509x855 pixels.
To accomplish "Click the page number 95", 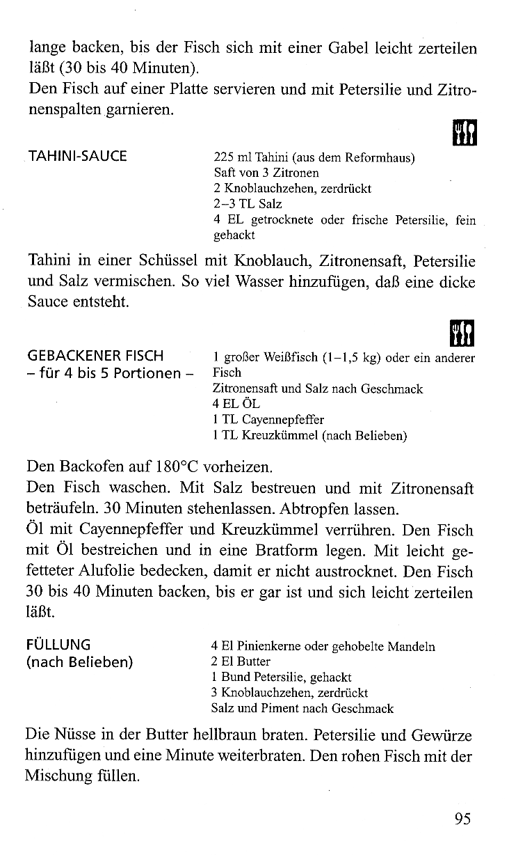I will pos(463,819).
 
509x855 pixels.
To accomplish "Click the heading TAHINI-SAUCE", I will pos(77,156).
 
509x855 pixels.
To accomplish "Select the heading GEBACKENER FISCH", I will pos(95,358).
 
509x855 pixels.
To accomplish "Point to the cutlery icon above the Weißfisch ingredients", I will pos(464,335).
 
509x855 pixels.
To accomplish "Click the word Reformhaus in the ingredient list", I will pos(380,158).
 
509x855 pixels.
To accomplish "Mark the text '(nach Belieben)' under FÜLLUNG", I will pos(79,661).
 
